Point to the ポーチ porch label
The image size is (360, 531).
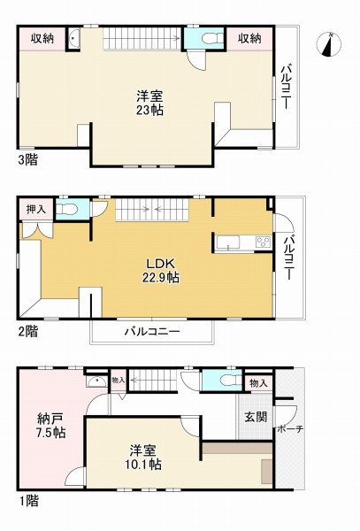[x=289, y=429]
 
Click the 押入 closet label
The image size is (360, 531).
[x=36, y=209]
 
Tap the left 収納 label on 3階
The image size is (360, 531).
[x=42, y=39]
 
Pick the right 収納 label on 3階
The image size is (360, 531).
[x=249, y=39]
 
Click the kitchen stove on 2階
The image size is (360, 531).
[x=262, y=242]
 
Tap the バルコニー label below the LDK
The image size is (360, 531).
[x=151, y=332]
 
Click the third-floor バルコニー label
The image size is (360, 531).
[x=287, y=88]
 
